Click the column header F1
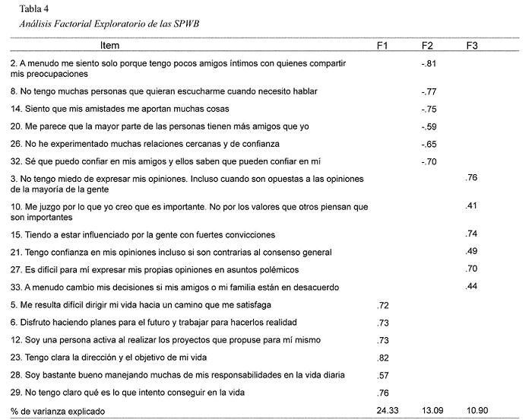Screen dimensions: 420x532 click(x=383, y=46)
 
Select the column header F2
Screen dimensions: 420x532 click(x=428, y=46)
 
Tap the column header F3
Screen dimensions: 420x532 click(x=473, y=46)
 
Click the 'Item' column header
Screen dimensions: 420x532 click(x=109, y=46)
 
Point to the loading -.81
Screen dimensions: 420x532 click(x=427, y=62)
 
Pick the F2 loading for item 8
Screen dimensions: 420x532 click(x=427, y=91)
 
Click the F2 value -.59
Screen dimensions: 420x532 click(x=427, y=126)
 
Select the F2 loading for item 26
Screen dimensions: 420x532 click(x=427, y=144)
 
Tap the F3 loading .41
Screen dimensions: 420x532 click(x=473, y=205)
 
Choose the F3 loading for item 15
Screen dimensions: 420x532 click(x=473, y=234)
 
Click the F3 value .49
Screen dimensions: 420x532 click(x=473, y=252)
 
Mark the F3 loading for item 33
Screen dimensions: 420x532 click(x=473, y=287)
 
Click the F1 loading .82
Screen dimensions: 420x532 click(x=383, y=358)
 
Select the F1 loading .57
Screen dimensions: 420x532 click(x=383, y=375)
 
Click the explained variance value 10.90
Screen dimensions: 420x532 click(x=477, y=412)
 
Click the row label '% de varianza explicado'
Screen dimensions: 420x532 click(x=63, y=412)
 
